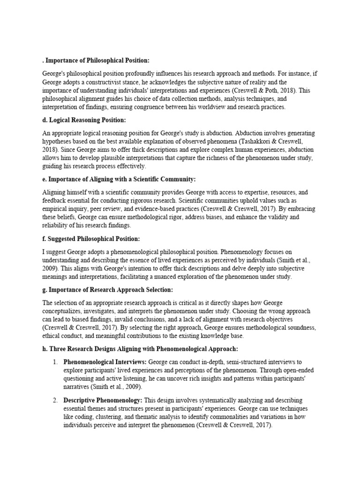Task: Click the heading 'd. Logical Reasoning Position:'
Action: (x=84, y=120)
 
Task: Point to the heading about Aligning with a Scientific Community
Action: (x=119, y=180)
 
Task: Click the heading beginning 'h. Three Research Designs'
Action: (x=133, y=349)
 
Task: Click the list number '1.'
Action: (x=56, y=362)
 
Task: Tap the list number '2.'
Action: (x=56, y=400)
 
